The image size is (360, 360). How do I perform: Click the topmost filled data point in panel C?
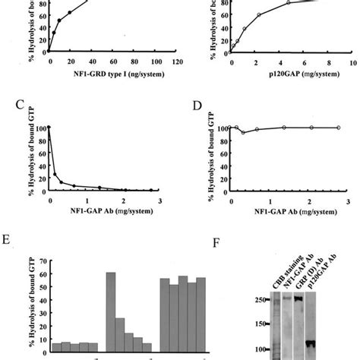point(49,128)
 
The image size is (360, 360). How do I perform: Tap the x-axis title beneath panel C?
point(107,207)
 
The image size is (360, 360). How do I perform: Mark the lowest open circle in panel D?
point(243,132)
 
